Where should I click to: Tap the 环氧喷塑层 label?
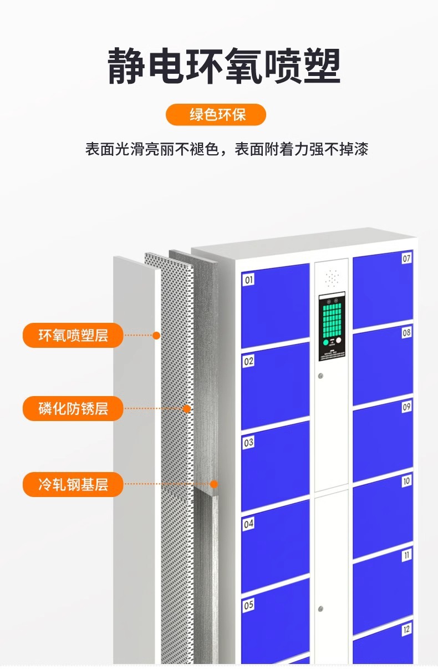[73, 335]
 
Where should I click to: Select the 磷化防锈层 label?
[73, 409]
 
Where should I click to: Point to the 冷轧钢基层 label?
[73, 485]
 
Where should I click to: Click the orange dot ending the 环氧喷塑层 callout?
[156, 335]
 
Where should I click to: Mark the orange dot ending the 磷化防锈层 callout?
[187, 409]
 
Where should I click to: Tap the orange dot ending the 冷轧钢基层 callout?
[214, 484]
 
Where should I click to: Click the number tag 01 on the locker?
[249, 280]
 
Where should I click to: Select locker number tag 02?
[249, 361]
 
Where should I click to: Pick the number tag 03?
[249, 442]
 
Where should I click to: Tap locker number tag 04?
[249, 523]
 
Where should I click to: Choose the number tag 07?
[407, 258]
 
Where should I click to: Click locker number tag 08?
[407, 333]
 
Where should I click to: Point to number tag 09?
[407, 407]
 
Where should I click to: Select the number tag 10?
[407, 481]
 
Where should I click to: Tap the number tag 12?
[407, 629]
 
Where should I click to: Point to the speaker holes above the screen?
[332, 275]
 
